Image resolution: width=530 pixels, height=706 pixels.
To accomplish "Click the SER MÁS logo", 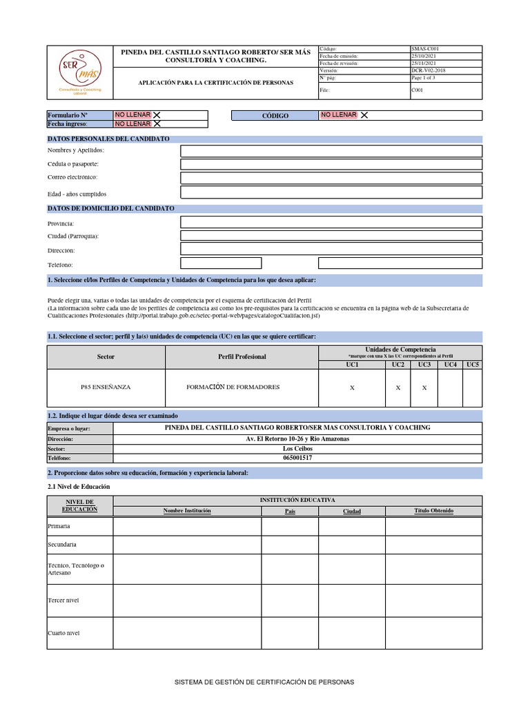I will pos(79,71).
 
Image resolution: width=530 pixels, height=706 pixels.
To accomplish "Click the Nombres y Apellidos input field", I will pos(331,151).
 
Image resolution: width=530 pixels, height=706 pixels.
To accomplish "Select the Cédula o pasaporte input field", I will pos(331,165).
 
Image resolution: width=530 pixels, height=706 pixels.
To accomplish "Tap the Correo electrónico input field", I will pos(331,178).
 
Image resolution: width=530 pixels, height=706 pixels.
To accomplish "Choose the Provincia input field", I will pos(331,222).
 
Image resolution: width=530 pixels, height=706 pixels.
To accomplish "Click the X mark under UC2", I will pos(398,388).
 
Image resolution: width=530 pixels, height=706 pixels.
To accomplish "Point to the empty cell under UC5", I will pos(472,388).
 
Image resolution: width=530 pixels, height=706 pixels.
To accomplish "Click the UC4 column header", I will pos(450,364).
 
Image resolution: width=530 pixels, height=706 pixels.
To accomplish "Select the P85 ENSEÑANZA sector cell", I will pos(106,387).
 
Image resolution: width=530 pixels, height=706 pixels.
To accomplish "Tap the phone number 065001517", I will pos(298,458).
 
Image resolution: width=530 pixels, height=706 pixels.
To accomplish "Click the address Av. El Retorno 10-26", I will pos(298,438).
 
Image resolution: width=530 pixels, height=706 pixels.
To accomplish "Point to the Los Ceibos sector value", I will pos(298,448).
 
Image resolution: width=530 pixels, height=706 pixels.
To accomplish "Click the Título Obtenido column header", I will pos(433,511).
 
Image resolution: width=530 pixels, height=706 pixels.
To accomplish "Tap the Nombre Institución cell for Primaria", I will pos(187,526).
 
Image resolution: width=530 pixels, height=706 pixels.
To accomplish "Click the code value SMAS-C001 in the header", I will pos(425,49).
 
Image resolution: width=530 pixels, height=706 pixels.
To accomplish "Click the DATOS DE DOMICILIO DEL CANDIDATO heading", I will pos(110,208).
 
